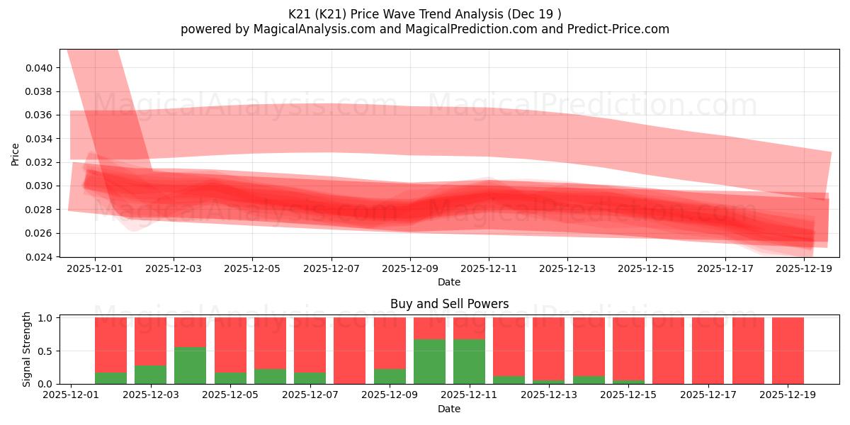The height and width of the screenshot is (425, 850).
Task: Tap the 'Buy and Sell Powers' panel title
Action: (x=449, y=304)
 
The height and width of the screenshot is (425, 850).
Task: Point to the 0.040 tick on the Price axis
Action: (x=40, y=68)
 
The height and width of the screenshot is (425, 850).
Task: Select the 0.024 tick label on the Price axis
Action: (x=40, y=257)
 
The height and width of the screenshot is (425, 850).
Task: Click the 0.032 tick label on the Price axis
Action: (x=40, y=162)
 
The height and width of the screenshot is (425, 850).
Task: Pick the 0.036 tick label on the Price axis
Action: (x=40, y=115)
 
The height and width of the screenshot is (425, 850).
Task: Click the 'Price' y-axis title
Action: (x=16, y=154)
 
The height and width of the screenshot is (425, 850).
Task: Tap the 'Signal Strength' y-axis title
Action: (x=27, y=349)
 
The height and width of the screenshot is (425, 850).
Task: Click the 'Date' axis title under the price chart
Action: (x=449, y=282)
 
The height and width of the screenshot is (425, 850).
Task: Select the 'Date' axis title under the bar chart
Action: (x=449, y=409)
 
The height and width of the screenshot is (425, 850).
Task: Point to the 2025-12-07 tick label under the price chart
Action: (x=331, y=269)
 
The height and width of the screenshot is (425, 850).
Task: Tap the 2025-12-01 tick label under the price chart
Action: (x=95, y=269)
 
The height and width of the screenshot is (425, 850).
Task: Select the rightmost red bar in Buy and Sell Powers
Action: (x=788, y=351)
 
